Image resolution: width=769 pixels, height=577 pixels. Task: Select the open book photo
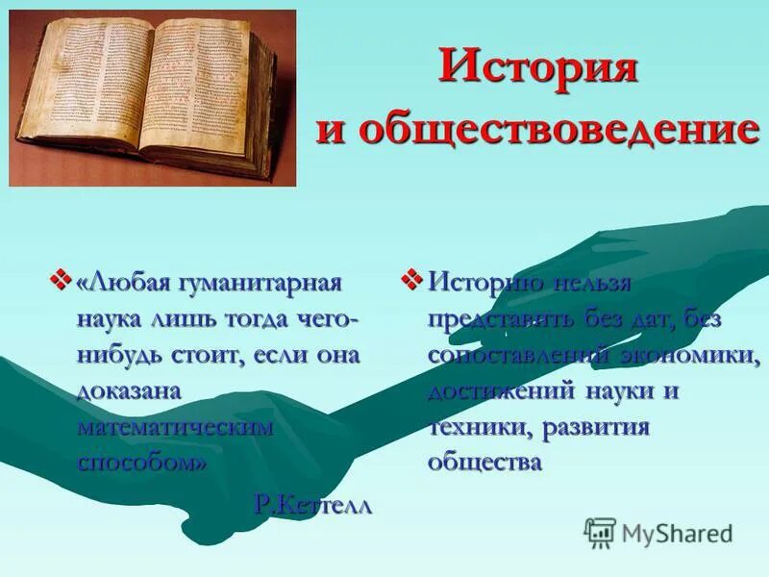pos(153,97)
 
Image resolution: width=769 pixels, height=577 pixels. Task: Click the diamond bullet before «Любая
pos(64,280)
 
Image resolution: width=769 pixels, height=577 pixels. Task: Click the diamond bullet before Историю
pos(410,280)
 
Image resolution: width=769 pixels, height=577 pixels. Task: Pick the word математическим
pos(176,424)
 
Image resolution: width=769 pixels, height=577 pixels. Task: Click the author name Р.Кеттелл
pos(313,504)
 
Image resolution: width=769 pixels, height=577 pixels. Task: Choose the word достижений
pos(501,390)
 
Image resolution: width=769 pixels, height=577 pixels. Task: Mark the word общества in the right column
pos(485,462)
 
